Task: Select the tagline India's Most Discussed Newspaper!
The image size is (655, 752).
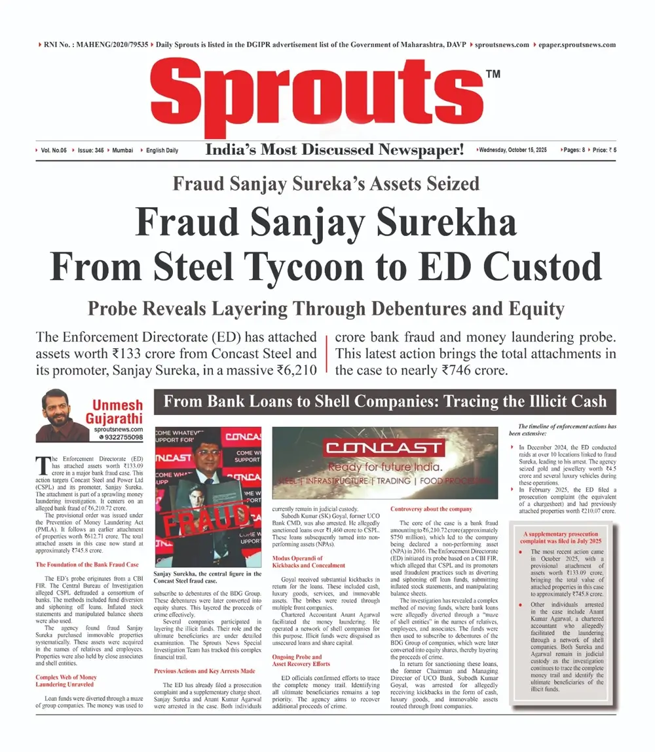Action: click(335, 150)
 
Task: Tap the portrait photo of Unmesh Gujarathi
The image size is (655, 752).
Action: click(61, 414)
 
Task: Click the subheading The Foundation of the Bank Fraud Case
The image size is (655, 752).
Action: click(86, 564)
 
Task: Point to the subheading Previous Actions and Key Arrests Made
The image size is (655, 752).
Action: click(204, 671)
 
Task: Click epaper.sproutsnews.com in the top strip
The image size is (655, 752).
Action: click(577, 45)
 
